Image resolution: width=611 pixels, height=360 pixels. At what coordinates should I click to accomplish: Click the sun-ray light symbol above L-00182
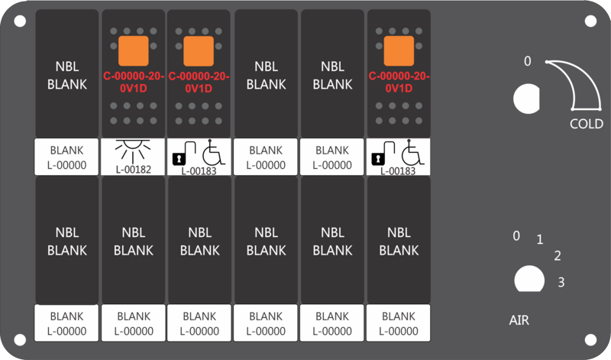[x=133, y=151]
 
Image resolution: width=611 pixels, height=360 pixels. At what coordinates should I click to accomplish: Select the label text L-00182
[x=133, y=170]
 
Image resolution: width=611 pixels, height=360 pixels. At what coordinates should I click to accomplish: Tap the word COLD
[x=587, y=124]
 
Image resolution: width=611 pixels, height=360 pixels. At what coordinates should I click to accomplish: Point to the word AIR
[x=519, y=320]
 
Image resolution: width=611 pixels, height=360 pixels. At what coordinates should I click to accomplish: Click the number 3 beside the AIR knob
[x=561, y=282]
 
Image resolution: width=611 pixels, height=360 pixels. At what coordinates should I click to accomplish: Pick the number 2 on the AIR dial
[x=558, y=256]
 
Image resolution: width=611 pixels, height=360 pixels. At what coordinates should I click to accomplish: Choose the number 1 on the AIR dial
[x=540, y=239]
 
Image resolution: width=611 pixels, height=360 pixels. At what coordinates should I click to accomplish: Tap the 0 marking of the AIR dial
[x=516, y=235]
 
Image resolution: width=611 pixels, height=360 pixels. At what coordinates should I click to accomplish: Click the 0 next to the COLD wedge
[x=527, y=61]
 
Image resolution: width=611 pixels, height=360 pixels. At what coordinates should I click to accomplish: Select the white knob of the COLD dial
[x=526, y=99]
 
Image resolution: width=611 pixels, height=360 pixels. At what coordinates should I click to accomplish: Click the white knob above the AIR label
[x=529, y=279]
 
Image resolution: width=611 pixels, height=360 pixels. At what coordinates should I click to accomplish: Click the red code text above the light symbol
[x=133, y=83]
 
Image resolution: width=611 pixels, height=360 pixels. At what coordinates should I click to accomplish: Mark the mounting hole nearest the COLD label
[x=590, y=21]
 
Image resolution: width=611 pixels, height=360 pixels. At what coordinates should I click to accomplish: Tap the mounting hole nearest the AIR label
[x=590, y=339]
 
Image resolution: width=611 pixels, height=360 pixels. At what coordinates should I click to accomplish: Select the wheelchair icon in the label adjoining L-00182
[x=214, y=153]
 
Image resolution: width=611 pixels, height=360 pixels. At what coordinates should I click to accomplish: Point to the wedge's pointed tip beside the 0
[x=547, y=62]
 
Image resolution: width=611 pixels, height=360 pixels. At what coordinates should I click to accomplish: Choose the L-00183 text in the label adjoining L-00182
[x=199, y=171]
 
